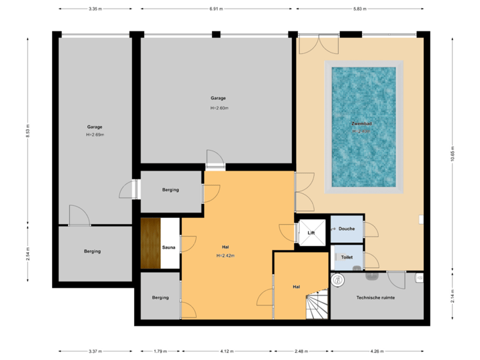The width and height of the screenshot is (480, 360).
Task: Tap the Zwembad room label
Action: click(362, 124)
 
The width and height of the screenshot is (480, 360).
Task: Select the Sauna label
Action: click(169, 247)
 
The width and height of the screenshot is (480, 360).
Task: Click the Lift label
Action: click(311, 233)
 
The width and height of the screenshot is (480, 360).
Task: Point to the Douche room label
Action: click(347, 229)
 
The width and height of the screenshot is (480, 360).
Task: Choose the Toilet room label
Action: click(347, 257)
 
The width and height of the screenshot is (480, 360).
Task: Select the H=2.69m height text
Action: click(95, 135)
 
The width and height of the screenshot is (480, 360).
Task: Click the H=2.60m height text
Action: click(219, 107)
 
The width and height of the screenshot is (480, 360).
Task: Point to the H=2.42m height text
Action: click(225, 255)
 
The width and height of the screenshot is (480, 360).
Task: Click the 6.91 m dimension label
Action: click(216, 9)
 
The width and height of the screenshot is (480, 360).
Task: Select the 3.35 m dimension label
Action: click(95, 9)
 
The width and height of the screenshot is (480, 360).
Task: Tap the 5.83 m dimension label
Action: click(359, 9)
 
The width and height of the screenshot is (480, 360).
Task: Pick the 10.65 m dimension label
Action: click(453, 155)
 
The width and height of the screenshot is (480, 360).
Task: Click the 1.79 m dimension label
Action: click(160, 351)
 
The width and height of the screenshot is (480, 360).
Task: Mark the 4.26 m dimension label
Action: click(377, 351)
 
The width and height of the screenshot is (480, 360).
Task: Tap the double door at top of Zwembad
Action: click(319, 43)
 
